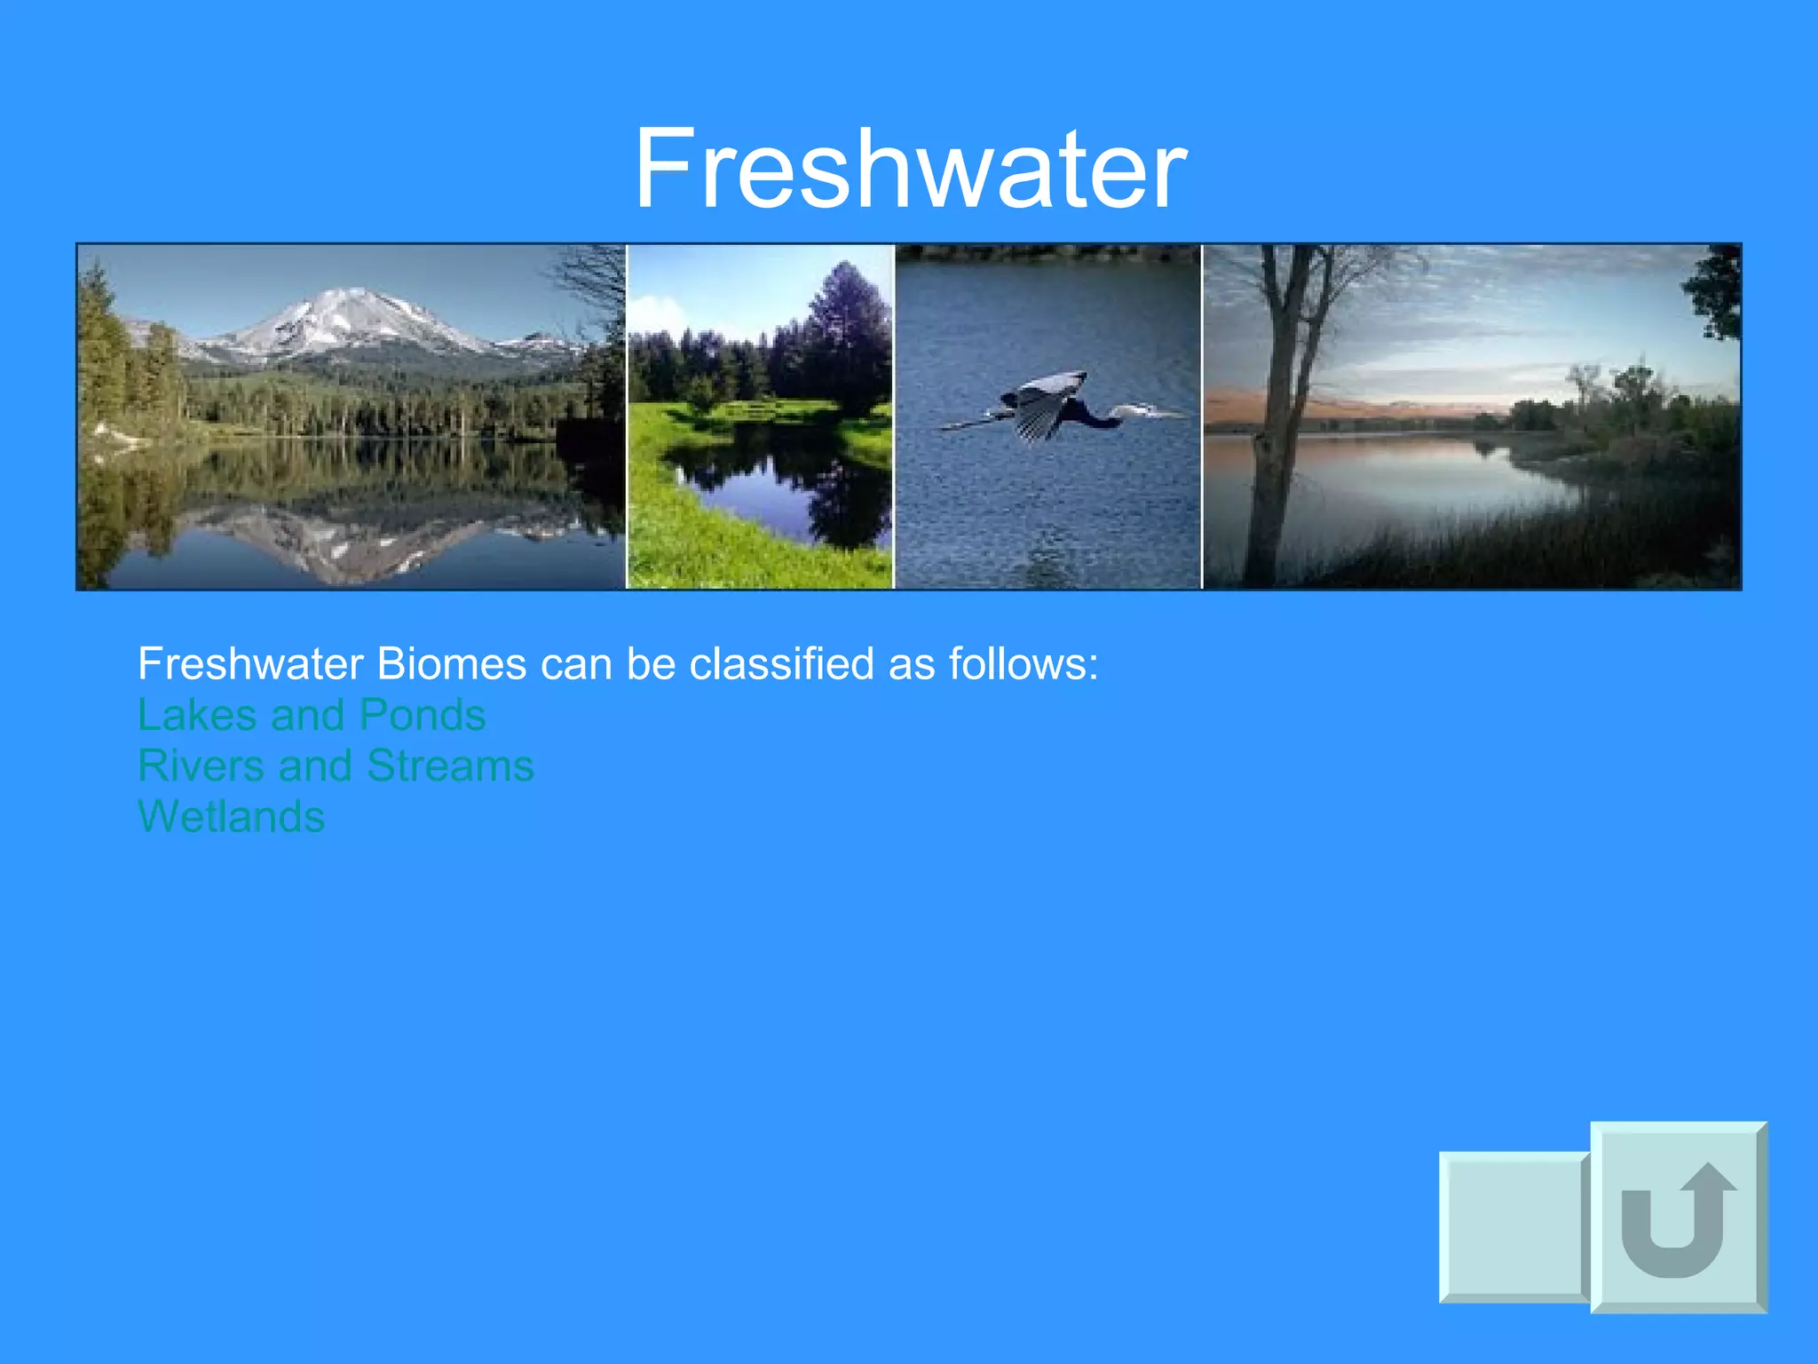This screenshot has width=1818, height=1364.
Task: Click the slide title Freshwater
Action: click(909, 169)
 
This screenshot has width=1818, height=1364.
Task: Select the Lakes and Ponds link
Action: click(312, 715)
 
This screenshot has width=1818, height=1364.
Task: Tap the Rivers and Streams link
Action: click(336, 765)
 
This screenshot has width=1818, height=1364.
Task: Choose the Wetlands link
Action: click(231, 816)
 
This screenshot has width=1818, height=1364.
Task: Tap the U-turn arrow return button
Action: click(1677, 1217)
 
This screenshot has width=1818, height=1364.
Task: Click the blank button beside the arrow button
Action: click(1513, 1226)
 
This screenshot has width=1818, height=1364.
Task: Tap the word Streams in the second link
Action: click(450, 765)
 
